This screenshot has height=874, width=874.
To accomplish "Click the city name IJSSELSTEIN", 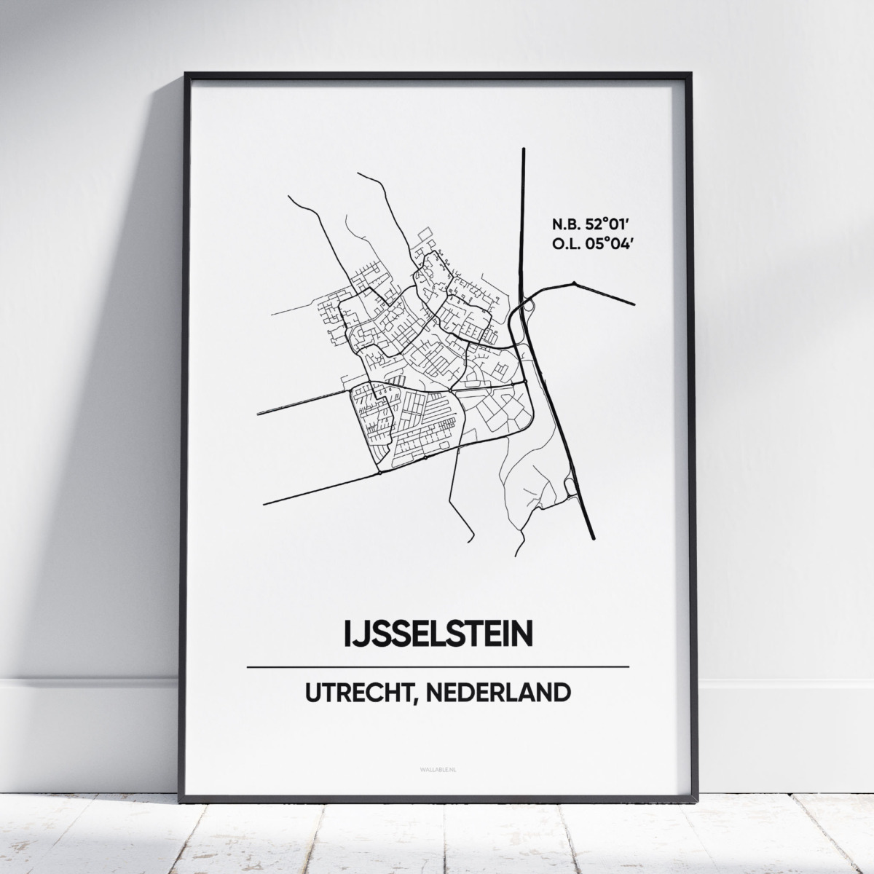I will (x=438, y=634).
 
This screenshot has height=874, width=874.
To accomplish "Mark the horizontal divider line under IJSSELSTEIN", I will (x=438, y=666).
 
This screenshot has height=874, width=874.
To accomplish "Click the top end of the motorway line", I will (x=524, y=150).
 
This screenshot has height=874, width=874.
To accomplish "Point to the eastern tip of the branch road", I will (x=634, y=304).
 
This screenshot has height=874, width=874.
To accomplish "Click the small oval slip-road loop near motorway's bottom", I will (x=570, y=486).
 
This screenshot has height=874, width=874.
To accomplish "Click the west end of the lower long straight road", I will (x=264, y=503).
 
